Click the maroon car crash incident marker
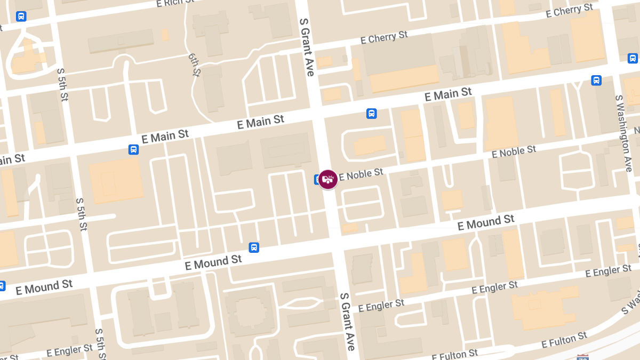328,179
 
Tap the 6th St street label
194,64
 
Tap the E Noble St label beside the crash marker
361,174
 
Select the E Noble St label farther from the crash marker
514,151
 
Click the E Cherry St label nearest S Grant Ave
384,38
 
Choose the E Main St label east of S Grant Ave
448,95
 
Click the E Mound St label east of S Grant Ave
486,222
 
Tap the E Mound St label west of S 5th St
44,287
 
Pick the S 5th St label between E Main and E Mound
82,214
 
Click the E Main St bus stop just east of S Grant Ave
371,114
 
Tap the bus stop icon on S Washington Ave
633,58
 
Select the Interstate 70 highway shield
582,357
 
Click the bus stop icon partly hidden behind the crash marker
318,179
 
